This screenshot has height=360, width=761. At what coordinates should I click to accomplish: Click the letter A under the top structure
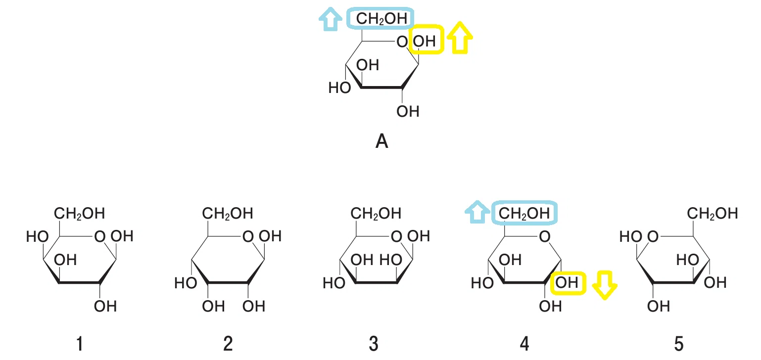(x=381, y=141)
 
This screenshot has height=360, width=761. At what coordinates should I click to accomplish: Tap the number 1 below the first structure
(x=80, y=344)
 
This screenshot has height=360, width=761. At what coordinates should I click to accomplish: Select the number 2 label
(x=228, y=344)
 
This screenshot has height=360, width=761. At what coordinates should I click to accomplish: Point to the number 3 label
(x=374, y=344)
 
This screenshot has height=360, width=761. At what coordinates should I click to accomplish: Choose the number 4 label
(x=524, y=344)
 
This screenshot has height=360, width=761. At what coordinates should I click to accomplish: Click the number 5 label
(x=678, y=344)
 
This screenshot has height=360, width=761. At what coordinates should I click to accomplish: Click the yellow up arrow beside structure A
(x=460, y=38)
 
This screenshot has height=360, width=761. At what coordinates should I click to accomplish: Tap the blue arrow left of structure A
(x=330, y=19)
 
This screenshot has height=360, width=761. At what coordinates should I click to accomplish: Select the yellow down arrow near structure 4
(x=605, y=285)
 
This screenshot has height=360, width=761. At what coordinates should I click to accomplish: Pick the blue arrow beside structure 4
(x=477, y=212)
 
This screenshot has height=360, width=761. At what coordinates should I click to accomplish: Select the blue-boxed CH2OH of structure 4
(x=524, y=213)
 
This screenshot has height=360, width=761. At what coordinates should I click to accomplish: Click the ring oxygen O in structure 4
(x=545, y=236)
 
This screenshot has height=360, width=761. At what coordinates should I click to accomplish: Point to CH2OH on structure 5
(x=712, y=213)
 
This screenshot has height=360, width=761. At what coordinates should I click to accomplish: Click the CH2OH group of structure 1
(x=80, y=213)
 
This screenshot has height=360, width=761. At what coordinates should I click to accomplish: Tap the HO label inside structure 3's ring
(x=391, y=260)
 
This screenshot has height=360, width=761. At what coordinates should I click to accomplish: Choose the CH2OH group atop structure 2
(x=228, y=213)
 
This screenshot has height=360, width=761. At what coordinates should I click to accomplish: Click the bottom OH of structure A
(x=408, y=111)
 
